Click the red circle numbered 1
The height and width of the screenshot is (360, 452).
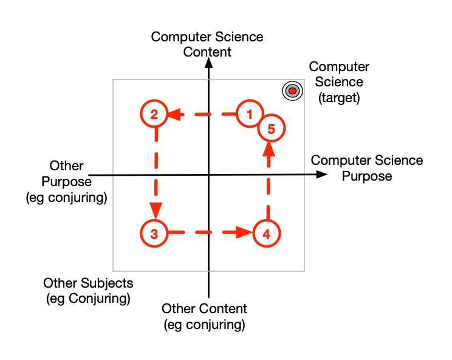[248, 113]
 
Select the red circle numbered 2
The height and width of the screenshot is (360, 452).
[154, 114]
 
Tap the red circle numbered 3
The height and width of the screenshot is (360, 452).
[154, 233]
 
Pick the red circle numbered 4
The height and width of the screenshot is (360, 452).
[265, 233]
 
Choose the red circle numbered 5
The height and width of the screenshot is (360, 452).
[271, 128]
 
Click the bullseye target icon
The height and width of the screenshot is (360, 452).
[292, 91]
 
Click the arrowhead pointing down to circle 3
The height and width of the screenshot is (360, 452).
[156, 210]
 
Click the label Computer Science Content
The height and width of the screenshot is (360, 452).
[207, 44]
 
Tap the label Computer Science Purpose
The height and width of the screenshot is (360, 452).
[366, 168]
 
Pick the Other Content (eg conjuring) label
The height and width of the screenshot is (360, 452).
[204, 316]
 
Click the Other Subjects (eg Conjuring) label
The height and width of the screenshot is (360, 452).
[88, 291]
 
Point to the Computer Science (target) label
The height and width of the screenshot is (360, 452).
[339, 82]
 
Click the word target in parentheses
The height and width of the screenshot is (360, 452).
[339, 97]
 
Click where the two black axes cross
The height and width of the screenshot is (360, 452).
[208, 175]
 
